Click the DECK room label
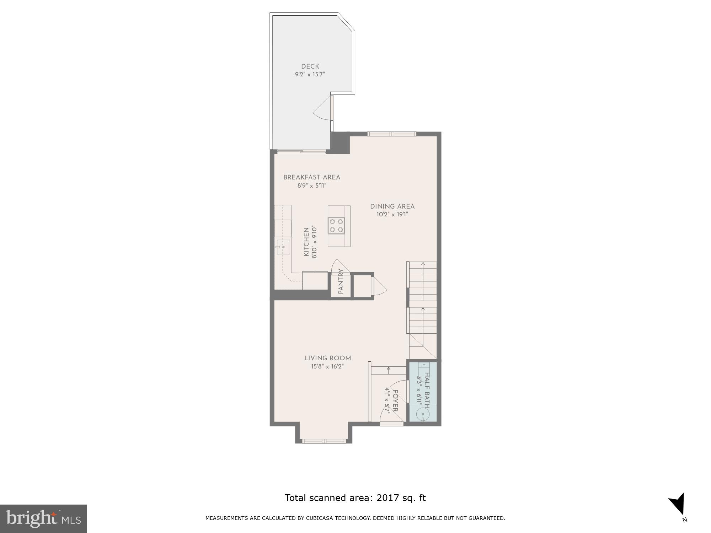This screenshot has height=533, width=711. (x=310, y=66)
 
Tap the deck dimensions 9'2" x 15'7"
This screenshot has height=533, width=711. (x=310, y=75)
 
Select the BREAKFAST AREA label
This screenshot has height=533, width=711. (x=312, y=177)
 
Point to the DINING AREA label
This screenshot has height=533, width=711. (x=392, y=206)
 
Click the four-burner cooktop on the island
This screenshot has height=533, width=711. (x=336, y=226)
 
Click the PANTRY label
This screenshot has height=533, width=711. (x=341, y=281)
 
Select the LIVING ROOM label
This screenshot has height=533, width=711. (x=327, y=358)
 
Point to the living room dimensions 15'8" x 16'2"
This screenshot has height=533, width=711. (x=327, y=367)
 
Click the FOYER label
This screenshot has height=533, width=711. (x=395, y=401)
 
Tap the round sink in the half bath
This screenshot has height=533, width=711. (x=423, y=414)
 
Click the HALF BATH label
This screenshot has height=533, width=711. (x=427, y=389)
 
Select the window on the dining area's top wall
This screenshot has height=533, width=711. (x=391, y=134)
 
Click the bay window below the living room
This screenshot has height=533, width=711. (x=324, y=441)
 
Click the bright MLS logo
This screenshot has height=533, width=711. (x=43, y=518)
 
